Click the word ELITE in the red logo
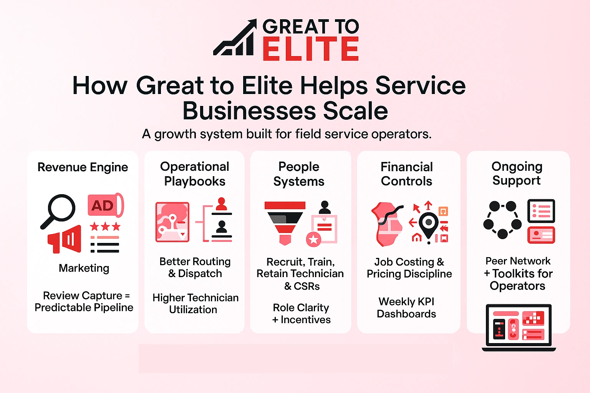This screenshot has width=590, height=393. click(310, 49)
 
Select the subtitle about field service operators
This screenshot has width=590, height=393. click(287, 134)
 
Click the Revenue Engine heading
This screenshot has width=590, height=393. click(83, 167)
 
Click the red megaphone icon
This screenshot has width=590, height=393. click(65, 239)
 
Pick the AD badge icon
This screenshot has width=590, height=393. click(105, 206)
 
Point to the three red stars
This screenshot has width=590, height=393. click(105, 226)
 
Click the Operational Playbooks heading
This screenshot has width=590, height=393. click(194, 173)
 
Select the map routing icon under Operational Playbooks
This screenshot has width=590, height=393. click(172, 222)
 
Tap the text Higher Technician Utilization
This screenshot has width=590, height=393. click(195, 304)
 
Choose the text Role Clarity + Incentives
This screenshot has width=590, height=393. click(301, 314)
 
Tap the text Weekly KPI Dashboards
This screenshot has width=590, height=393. click(406, 307)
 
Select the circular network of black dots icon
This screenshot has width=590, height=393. click(502, 220)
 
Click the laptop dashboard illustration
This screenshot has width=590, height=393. click(519, 327)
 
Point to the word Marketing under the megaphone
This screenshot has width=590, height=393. click(84, 268)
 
